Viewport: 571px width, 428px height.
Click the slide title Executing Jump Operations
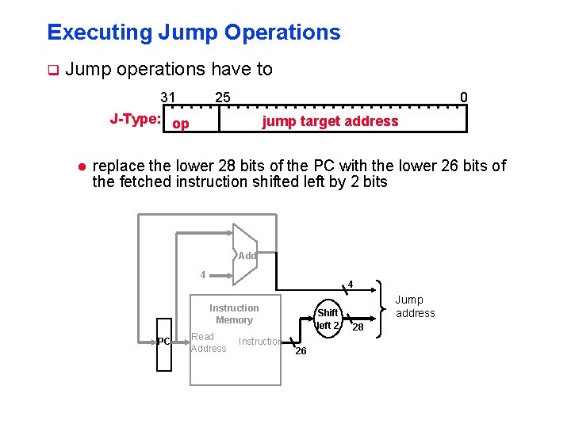pyautogui.click(x=194, y=32)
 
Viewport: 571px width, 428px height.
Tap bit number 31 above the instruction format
pyautogui.click(x=168, y=97)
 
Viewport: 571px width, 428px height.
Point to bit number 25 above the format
pyautogui.click(x=223, y=97)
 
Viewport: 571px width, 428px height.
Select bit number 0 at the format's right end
pyautogui.click(x=464, y=97)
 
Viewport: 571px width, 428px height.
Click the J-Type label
pyautogui.click(x=136, y=119)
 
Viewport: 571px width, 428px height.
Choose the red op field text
pyautogui.click(x=181, y=124)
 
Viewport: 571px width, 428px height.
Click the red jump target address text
pyautogui.click(x=330, y=121)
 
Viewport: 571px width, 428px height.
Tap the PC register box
pyautogui.click(x=163, y=342)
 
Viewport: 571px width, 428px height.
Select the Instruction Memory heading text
pyautogui.click(x=234, y=314)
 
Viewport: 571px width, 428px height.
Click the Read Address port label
pyautogui.click(x=209, y=342)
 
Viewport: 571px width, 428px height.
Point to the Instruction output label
pyautogui.click(x=260, y=342)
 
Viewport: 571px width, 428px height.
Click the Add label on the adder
pyautogui.click(x=247, y=256)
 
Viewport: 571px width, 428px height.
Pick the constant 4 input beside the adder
pyautogui.click(x=203, y=275)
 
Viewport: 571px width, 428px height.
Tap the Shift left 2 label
pyautogui.click(x=328, y=319)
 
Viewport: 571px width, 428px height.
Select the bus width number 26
pyautogui.click(x=301, y=351)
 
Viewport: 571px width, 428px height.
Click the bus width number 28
pyautogui.click(x=358, y=327)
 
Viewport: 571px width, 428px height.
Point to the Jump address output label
pyautogui.click(x=416, y=306)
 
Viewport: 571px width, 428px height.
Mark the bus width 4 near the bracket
pyautogui.click(x=350, y=285)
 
